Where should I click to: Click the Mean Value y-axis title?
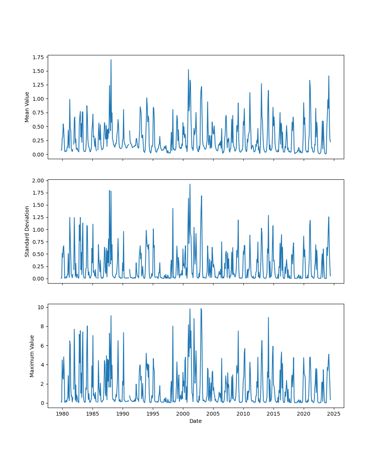click(x=27, y=107)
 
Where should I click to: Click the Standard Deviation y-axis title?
click(x=27, y=231)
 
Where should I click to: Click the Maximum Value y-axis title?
click(x=32, y=356)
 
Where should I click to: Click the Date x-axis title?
click(x=196, y=421)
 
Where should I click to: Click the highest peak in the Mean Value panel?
click(x=111, y=60)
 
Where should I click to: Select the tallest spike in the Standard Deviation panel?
click(x=190, y=184)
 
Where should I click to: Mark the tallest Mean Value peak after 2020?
click(x=329, y=76)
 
